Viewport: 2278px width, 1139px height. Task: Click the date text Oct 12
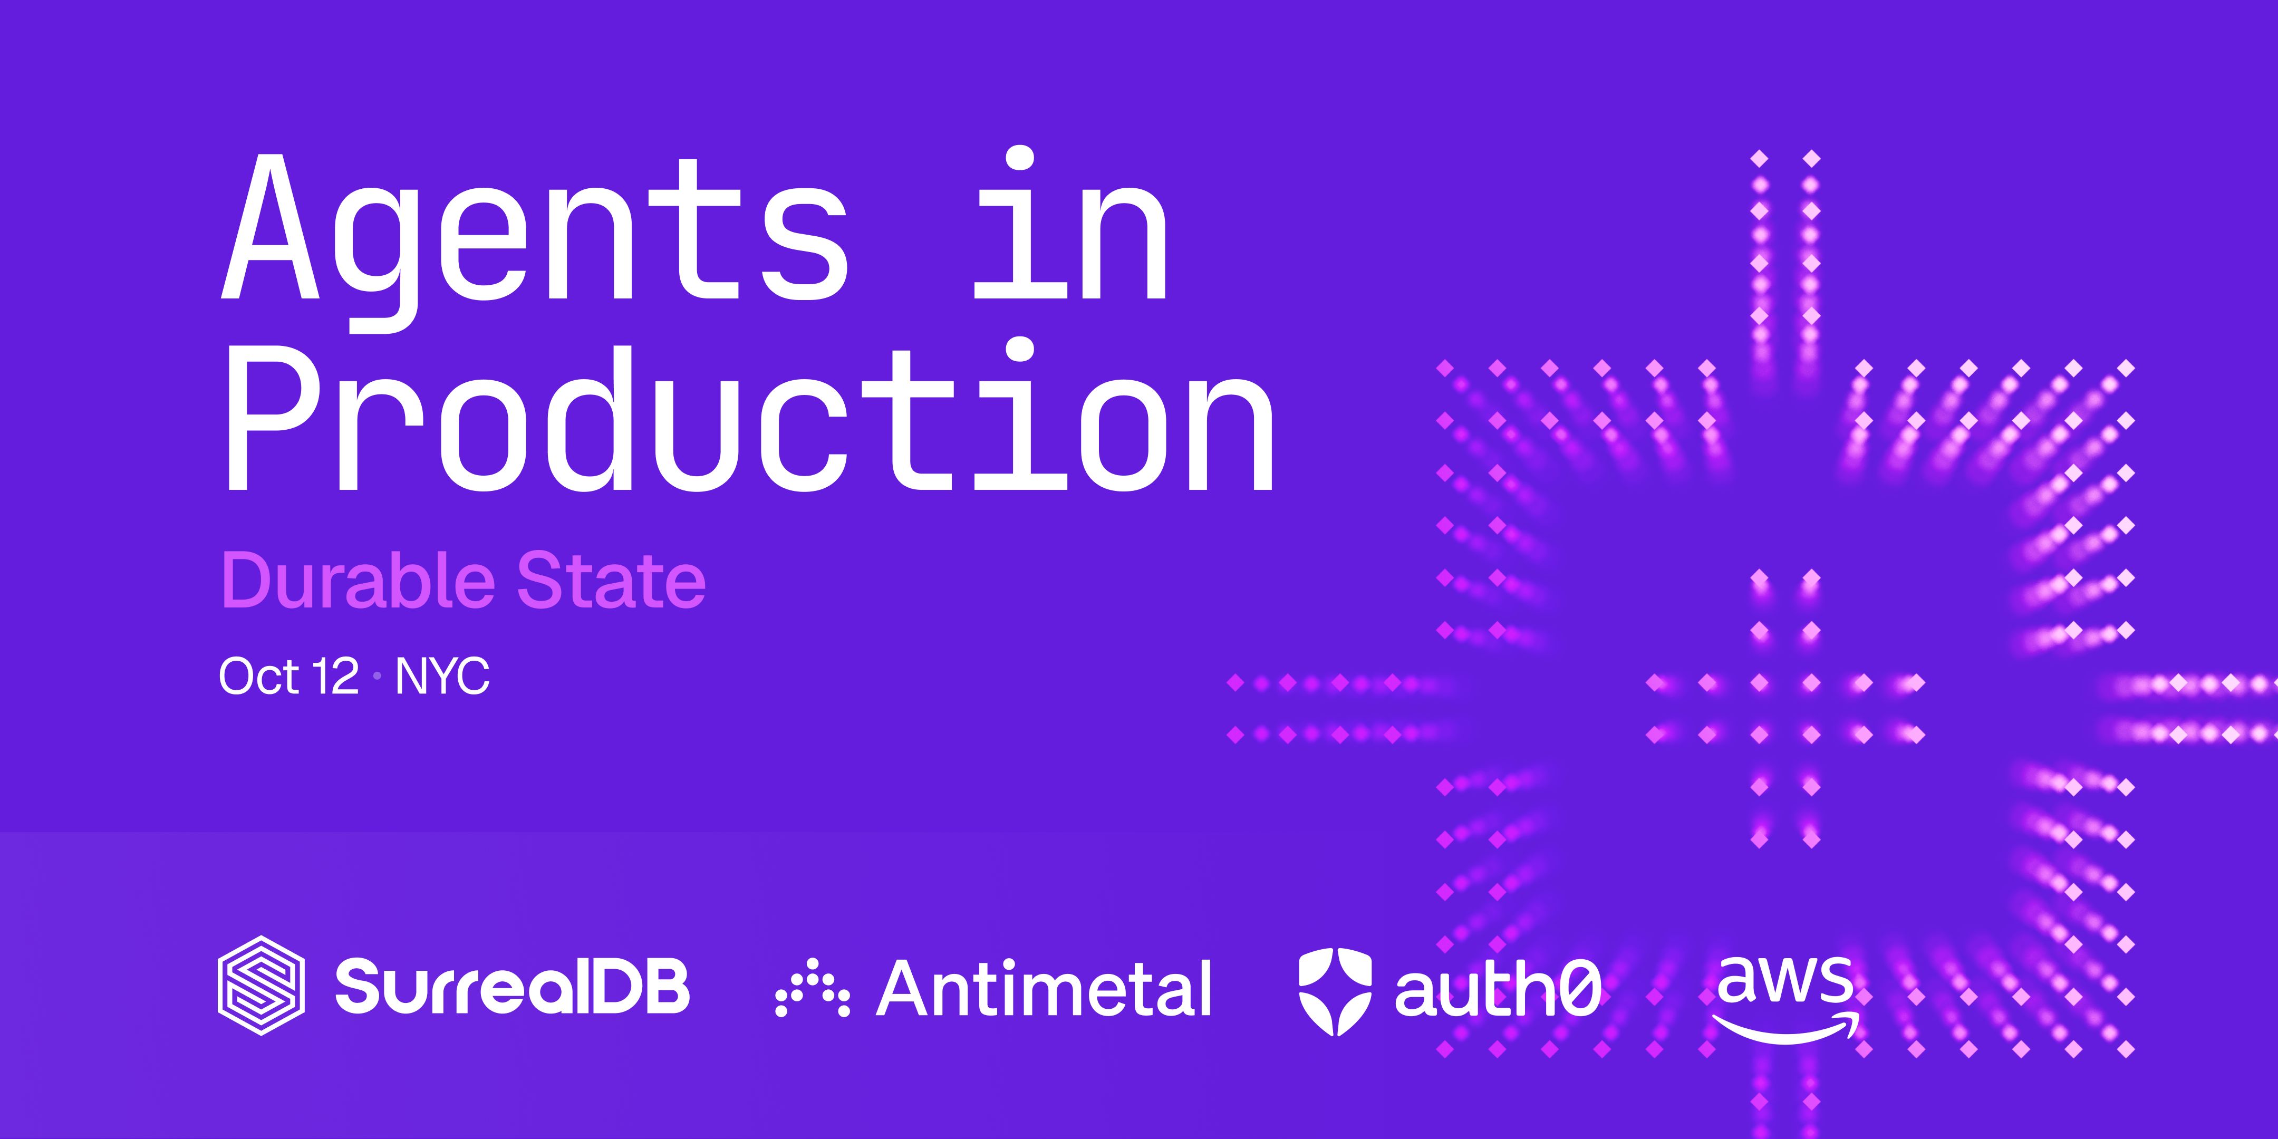288,677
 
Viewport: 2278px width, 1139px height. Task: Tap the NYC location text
442,677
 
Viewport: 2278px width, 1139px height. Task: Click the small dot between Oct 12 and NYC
378,678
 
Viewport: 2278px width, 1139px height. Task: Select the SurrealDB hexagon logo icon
262,985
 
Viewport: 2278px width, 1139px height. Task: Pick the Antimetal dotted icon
812,987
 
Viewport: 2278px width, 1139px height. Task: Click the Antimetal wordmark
1044,988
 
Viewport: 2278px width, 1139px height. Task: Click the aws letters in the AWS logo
1784,981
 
